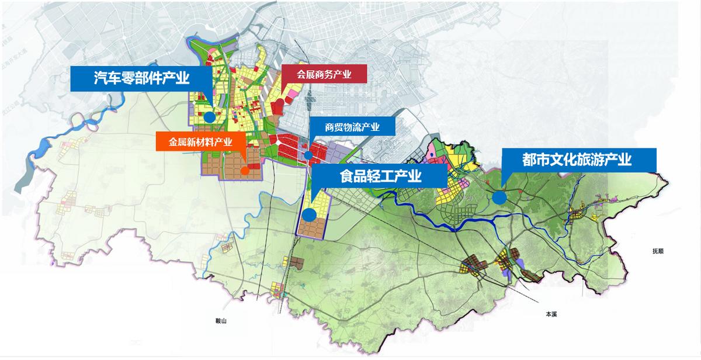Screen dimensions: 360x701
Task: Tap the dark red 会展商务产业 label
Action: (x=324, y=74)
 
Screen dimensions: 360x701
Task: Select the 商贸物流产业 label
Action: (x=352, y=126)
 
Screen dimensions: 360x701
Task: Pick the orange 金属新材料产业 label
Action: (x=200, y=141)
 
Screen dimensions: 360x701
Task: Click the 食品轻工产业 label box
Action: (x=380, y=176)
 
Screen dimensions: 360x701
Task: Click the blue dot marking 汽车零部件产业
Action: (x=209, y=116)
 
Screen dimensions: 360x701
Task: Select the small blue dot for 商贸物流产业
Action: (x=307, y=155)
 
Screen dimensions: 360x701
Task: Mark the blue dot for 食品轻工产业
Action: (x=309, y=214)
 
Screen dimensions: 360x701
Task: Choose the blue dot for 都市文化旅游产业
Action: (x=499, y=198)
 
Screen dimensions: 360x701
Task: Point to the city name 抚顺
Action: (x=658, y=251)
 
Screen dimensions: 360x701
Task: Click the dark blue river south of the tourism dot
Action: (x=467, y=221)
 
